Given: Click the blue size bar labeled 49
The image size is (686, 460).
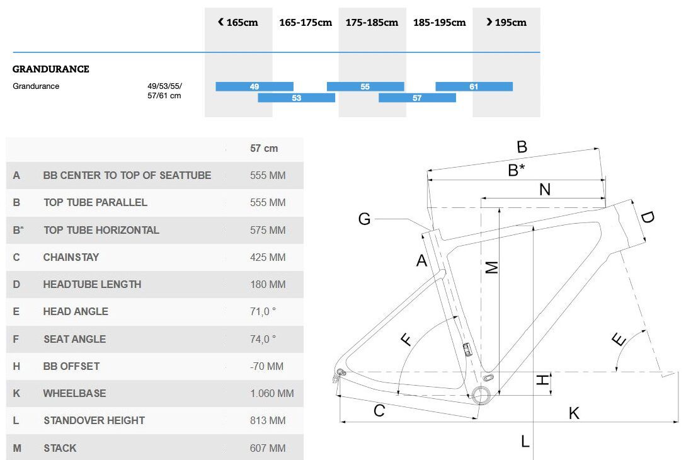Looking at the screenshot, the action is tap(254, 87).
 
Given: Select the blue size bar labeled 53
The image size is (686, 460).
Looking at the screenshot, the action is tap(296, 98).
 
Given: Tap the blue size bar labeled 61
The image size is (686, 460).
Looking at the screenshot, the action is tap(474, 87).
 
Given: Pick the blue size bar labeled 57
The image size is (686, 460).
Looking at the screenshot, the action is tap(417, 98).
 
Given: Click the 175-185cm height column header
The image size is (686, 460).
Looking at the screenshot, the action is tap(372, 22).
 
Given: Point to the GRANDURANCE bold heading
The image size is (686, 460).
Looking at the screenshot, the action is tap(51, 69).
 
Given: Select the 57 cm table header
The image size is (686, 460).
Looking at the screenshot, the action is tap(264, 148).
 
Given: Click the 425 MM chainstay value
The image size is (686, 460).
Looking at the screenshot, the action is tap(268, 257).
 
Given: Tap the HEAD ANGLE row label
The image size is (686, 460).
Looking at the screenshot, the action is tap(76, 312).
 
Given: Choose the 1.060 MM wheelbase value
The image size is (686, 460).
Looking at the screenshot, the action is tap(272, 393).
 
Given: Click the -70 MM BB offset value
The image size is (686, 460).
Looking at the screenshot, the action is tap(266, 366).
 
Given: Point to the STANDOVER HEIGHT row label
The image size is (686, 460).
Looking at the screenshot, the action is tap(94, 420).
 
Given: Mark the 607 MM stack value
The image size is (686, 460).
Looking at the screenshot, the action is tap(268, 448).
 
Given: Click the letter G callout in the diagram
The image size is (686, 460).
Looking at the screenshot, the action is tap(364, 219).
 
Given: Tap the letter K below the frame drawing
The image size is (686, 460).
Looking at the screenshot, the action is tap(574, 413).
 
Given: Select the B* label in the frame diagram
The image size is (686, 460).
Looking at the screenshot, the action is tap(517, 170).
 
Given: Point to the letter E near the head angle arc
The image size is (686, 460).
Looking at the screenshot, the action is tap(619, 339).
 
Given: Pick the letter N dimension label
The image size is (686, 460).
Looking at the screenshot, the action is tap(545, 190).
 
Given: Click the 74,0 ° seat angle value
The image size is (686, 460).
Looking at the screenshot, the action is tap(263, 339).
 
